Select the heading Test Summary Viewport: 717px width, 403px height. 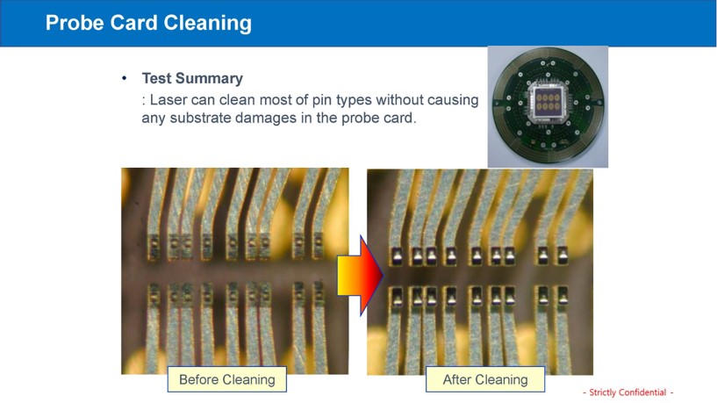click(192, 79)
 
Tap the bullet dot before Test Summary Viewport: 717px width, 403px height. click(125, 78)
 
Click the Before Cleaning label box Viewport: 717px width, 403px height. click(227, 379)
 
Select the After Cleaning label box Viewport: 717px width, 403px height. click(485, 379)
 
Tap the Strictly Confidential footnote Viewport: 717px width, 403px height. click(627, 392)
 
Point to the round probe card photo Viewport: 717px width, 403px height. click(548, 105)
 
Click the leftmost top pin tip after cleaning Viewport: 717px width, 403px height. click(396, 256)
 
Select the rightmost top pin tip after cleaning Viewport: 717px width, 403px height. click(562, 255)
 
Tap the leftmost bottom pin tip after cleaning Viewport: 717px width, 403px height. click(396, 297)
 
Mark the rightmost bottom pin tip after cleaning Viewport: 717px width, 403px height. click(562, 297)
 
